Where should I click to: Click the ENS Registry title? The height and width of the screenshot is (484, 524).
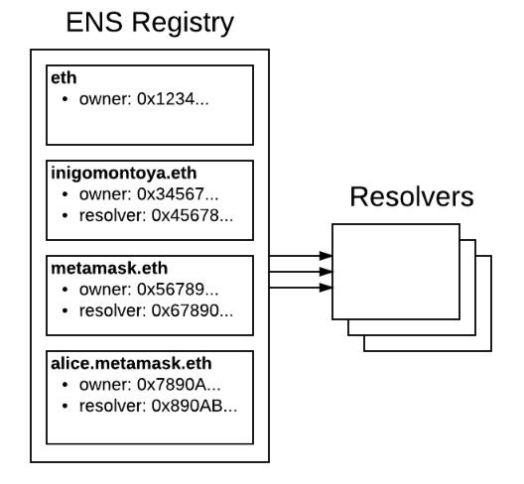tap(150, 24)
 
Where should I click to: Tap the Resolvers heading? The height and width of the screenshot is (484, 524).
tap(412, 196)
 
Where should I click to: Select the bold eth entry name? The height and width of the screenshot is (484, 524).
tap(64, 78)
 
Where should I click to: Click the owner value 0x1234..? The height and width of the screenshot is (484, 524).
tap(173, 99)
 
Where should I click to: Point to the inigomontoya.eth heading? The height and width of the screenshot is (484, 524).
tap(124, 174)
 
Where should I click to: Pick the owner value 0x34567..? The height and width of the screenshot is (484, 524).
tap(178, 194)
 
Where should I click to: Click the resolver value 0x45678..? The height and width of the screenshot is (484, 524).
tap(193, 216)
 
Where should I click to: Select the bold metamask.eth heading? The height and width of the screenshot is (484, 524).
tap(109, 269)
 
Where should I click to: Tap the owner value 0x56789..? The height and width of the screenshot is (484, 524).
tap(178, 290)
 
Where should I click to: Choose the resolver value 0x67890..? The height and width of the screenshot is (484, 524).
tap(193, 311)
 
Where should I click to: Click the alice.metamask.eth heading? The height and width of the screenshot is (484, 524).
tap(131, 364)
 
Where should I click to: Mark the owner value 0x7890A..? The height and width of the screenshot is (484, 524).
tap(179, 385)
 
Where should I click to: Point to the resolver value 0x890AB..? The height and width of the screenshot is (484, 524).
tap(195, 407)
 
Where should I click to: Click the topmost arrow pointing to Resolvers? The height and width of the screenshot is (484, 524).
tap(301, 256)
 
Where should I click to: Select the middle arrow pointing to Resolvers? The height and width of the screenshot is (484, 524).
tap(301, 272)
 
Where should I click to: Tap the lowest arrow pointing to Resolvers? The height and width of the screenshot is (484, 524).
tap(301, 288)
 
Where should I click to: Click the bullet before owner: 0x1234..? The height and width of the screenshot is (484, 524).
tap(65, 99)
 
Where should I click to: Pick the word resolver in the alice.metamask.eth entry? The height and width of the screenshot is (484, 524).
tap(112, 407)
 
